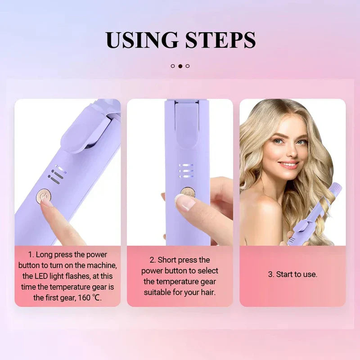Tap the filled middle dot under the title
tap(180, 66)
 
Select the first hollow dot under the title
tap(173, 66)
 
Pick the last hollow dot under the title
tap(188, 66)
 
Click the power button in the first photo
tap(44, 196)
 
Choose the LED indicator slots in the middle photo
tap(186, 171)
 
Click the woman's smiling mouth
tap(288, 165)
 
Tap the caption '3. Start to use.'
tap(292, 274)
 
